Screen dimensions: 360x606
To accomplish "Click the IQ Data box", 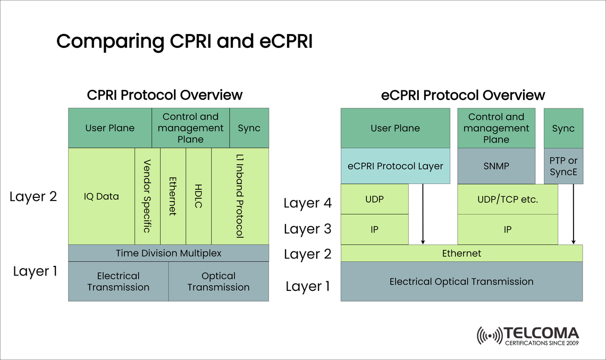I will pyautogui.click(x=102, y=196).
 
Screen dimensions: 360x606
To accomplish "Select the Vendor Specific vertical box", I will pyautogui.click(x=147, y=196).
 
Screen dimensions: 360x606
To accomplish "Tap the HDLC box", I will pyautogui.click(x=198, y=196).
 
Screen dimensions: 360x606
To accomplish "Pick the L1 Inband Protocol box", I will pyautogui.click(x=240, y=196).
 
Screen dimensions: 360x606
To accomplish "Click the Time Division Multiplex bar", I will pyautogui.click(x=169, y=253).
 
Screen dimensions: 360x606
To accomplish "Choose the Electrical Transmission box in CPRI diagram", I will pyautogui.click(x=119, y=281).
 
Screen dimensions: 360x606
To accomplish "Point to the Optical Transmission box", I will pyautogui.click(x=218, y=281).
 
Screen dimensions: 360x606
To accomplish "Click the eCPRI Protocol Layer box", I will pyautogui.click(x=395, y=166).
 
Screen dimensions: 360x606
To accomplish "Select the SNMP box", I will pyautogui.click(x=496, y=166).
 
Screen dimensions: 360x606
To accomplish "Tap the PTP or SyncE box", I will pyautogui.click(x=563, y=166).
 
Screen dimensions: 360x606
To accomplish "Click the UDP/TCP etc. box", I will pyautogui.click(x=508, y=199).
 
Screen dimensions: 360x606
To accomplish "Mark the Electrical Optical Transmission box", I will pyautogui.click(x=461, y=281).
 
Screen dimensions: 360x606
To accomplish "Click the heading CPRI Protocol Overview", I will pyautogui.click(x=165, y=95).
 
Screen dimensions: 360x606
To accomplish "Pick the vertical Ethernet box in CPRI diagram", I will pyautogui.click(x=173, y=196).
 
